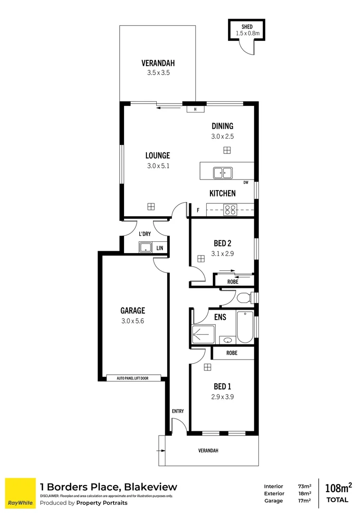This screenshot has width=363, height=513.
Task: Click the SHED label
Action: pos(247,27)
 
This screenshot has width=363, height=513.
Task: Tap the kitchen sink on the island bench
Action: pos(223,173)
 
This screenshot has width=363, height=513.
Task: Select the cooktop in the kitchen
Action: pos(230,210)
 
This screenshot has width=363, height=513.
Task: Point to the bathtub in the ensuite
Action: pos(245,327)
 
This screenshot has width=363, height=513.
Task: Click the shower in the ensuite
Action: pos(203,334)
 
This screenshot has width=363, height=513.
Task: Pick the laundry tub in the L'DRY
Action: pos(146,247)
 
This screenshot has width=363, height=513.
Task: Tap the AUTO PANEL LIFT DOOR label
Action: pos(133,378)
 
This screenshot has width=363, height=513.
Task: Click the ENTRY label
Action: pos(178,411)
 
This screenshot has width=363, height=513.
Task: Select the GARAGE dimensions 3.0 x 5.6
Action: pos(133,321)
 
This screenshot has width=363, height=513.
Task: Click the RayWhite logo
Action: pos(20,494)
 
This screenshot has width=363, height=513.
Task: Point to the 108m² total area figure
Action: pos(338,488)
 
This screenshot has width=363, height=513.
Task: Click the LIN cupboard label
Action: pos(160,248)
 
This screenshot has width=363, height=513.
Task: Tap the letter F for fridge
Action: pos(198,210)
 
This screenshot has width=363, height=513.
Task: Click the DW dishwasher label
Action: pos(246,182)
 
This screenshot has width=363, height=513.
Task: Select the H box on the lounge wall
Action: pos(195,109)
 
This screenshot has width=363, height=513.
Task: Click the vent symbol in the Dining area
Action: pos(227,150)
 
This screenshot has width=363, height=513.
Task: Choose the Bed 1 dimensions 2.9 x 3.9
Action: pos(222,397)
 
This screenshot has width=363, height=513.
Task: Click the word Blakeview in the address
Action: pos(151,487)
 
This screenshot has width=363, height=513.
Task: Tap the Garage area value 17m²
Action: pos(305,501)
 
